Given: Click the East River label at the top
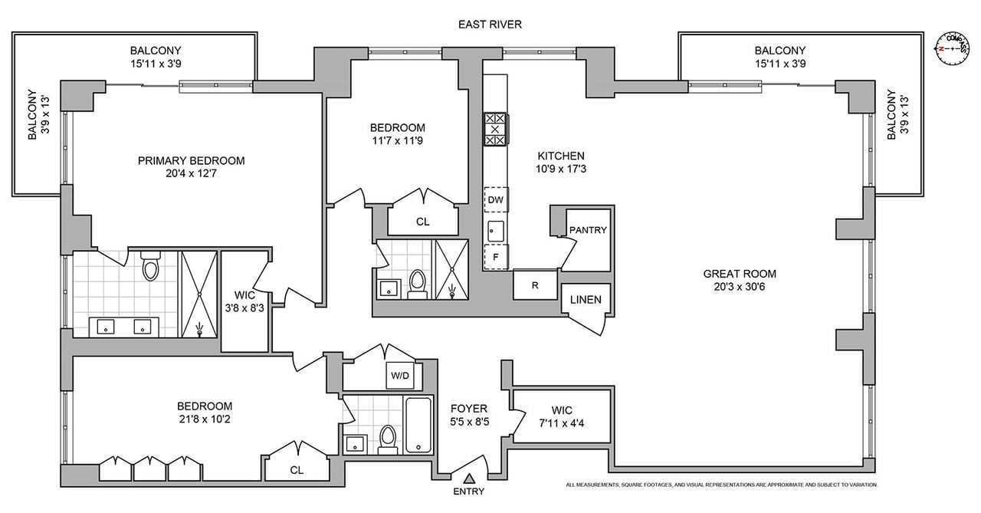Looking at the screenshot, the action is tap(490, 25).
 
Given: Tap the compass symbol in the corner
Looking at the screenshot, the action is tap(952, 48).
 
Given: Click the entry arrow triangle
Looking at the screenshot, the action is tap(470, 478).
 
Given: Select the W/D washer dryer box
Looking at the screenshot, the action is tap(400, 376).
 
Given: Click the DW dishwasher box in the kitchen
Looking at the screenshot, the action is tap(496, 200).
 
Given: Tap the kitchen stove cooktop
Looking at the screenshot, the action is tap(495, 130).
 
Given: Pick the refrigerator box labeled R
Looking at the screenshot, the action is tap(535, 285).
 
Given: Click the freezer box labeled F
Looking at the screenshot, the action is tap(496, 257).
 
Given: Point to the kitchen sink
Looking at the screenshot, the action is tap(496, 231).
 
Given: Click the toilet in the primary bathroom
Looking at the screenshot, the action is tap(151, 265).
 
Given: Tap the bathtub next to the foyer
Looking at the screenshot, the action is tap(418, 425).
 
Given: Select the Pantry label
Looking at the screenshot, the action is tap(588, 230).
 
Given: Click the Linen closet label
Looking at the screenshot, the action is tap(586, 300).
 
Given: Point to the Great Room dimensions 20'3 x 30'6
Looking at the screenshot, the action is tap(740, 287).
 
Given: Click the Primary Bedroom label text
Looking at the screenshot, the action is tap(192, 161).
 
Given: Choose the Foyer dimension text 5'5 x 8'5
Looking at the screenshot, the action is tap(470, 422).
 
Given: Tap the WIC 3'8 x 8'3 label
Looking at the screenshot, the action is tap(244, 301).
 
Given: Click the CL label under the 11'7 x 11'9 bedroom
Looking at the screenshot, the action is tap(423, 222).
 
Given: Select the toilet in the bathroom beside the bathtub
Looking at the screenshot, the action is tap(388, 439).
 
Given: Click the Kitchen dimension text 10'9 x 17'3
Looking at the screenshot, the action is tap(561, 169).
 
